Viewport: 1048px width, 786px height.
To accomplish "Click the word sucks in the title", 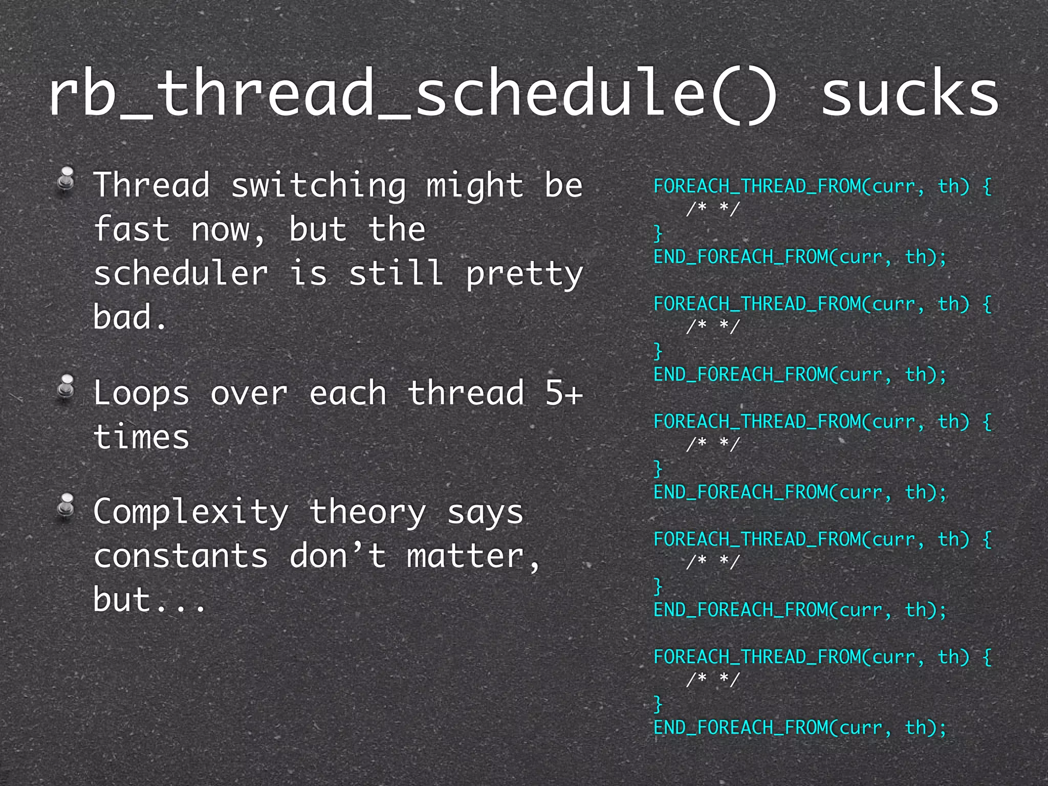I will [x=910, y=95].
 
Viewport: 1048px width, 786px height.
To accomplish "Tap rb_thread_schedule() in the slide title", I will [x=412, y=95].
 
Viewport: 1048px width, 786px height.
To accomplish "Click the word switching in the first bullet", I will [x=318, y=185].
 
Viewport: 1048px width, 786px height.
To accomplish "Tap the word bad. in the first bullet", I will [x=130, y=317].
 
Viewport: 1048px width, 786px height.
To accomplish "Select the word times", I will [x=141, y=438].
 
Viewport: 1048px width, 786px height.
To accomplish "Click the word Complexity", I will [x=191, y=512].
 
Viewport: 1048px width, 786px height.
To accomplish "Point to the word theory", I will [x=367, y=512].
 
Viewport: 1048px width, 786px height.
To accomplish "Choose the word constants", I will [x=181, y=556].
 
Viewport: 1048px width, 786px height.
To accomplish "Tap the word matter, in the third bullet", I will [x=473, y=556].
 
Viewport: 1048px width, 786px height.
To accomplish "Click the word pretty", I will [x=524, y=274].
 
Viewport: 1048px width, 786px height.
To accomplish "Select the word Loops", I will [x=141, y=393].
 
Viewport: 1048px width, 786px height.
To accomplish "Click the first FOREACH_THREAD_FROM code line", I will [x=822, y=186].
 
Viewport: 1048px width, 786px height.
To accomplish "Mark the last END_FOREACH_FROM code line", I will [x=800, y=727].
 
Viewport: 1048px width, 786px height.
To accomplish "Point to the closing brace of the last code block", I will [x=658, y=704].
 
